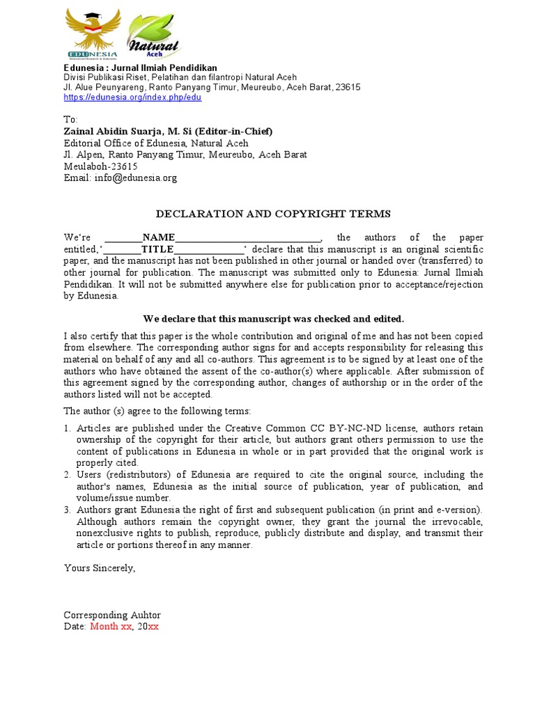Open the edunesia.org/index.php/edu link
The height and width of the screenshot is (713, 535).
132,97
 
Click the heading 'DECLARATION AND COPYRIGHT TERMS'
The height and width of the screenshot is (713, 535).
272,214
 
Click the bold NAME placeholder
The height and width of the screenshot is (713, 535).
158,237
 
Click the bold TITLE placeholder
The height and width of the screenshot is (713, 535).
157,249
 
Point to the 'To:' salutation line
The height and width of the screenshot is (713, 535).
71,120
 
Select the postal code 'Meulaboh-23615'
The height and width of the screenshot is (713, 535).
100,166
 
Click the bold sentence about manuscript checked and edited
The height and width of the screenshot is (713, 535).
273,319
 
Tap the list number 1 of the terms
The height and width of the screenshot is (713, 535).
68,428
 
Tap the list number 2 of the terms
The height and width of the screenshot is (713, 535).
68,475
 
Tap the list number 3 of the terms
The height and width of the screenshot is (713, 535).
68,510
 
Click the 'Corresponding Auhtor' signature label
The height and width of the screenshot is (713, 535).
112,615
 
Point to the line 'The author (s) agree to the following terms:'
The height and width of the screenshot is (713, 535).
157,411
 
